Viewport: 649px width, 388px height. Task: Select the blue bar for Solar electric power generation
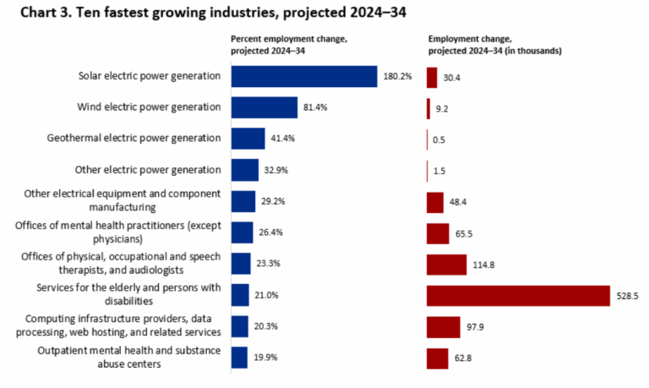point(303,76)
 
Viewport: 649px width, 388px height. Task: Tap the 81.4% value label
point(316,107)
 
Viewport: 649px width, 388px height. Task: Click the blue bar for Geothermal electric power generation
point(248,139)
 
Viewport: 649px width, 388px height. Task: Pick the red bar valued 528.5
point(518,295)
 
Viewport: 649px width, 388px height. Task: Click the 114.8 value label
point(484,264)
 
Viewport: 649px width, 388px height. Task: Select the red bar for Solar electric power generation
point(432,76)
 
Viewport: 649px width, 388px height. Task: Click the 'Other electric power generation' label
point(148,169)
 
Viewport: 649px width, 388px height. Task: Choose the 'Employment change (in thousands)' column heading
point(495,45)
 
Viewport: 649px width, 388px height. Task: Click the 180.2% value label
point(396,76)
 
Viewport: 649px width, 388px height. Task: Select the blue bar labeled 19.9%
point(239,358)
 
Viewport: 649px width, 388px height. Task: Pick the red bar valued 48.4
point(435,201)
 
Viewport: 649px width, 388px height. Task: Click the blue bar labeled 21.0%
point(240,295)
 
